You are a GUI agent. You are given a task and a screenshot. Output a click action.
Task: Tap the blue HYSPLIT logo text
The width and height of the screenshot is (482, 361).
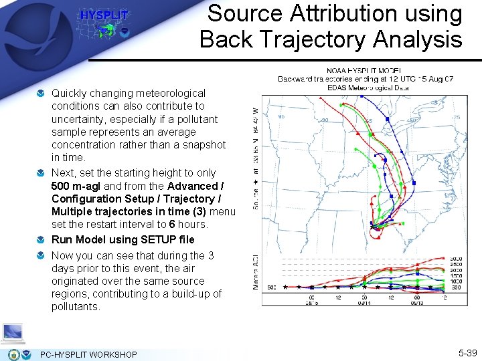coord(104,15)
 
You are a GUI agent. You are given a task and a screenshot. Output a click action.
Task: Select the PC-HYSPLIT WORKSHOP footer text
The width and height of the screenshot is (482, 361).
coord(88,354)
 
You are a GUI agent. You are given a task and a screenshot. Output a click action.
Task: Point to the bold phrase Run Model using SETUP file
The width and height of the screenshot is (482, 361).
coord(123,239)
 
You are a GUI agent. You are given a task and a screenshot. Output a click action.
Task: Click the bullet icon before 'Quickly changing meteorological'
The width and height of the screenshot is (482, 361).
coord(42,93)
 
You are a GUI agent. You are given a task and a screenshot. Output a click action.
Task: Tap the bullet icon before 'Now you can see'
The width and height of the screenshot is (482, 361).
coord(42,255)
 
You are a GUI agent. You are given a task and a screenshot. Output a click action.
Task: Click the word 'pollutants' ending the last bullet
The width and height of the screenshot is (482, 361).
coord(76,307)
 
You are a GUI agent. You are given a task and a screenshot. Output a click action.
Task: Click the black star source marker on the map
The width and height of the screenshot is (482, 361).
coord(373,227)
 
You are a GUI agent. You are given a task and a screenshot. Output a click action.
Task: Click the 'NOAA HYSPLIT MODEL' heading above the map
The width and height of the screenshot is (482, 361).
coord(364,70)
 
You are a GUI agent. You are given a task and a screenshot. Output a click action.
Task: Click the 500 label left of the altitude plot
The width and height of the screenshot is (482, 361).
coord(270,287)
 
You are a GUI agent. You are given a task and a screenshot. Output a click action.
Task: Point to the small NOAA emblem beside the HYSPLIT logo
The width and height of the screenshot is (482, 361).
coord(125,31)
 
